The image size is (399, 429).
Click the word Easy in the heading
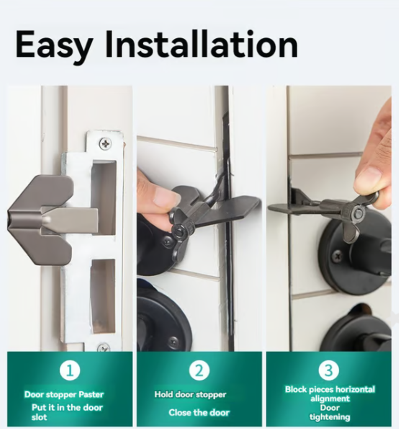pyautogui.click(x=53, y=45)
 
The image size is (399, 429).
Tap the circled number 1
pyautogui.click(x=70, y=370)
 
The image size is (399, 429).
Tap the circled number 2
pyautogui.click(x=199, y=370)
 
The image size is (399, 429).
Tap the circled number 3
pyautogui.click(x=329, y=370)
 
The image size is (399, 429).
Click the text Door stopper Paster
pyautogui.click(x=64, y=395)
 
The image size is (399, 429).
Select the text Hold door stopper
pyautogui.click(x=191, y=395)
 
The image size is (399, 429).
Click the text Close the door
pyautogui.click(x=199, y=412)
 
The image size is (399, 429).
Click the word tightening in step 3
pyautogui.click(x=330, y=417)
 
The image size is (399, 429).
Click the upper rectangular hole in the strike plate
pyautogui.click(x=104, y=198)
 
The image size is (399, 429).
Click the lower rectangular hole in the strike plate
pyautogui.click(x=103, y=296)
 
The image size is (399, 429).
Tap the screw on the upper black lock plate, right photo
pyautogui.click(x=337, y=255)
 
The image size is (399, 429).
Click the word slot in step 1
pyautogui.click(x=39, y=417)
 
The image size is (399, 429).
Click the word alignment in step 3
pyautogui.click(x=330, y=399)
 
